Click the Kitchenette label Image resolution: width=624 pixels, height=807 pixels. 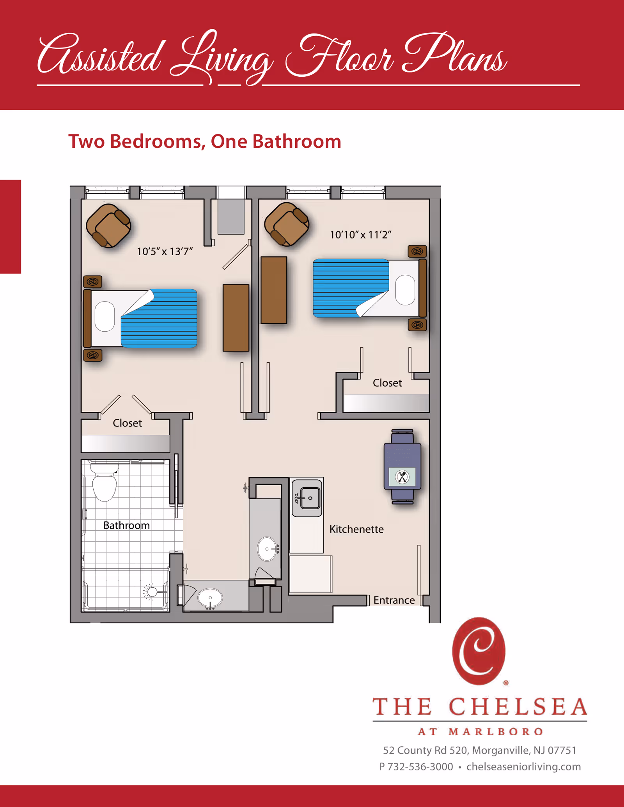(x=356, y=529)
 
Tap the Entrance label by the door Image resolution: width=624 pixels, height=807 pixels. (x=394, y=600)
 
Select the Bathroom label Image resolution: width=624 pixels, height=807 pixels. (x=126, y=525)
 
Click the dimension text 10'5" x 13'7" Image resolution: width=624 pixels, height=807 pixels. (x=165, y=251)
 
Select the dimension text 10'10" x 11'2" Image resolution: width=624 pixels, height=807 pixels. (x=360, y=235)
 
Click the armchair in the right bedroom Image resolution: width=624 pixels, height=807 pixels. (x=287, y=224)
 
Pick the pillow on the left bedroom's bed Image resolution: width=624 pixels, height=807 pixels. (x=105, y=316)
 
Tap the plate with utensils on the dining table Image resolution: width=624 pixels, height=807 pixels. (x=402, y=477)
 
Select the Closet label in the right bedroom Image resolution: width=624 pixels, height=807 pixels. (x=387, y=383)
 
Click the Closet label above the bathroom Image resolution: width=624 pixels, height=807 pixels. (x=127, y=423)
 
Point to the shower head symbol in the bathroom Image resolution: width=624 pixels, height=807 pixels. (x=152, y=592)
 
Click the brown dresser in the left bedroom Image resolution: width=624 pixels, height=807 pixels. (x=236, y=318)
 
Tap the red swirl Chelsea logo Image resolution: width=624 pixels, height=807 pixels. (x=479, y=651)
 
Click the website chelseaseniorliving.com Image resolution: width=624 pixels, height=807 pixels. (x=523, y=766)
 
